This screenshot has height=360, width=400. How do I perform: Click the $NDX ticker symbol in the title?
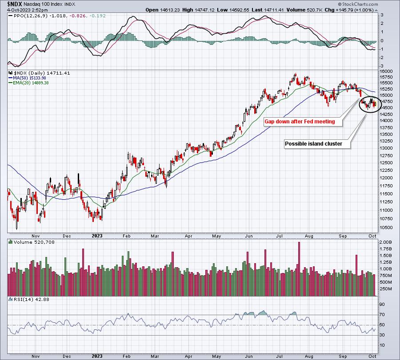(x=15, y=4)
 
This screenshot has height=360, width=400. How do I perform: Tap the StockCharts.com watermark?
(x=358, y=4)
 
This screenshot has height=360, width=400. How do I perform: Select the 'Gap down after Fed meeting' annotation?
(x=300, y=122)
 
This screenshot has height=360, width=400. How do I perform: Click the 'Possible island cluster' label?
(x=313, y=144)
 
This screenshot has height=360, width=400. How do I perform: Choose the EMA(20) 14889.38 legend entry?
(x=28, y=83)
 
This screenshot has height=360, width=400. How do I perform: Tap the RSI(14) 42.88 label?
(x=29, y=299)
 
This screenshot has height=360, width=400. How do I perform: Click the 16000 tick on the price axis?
(x=386, y=71)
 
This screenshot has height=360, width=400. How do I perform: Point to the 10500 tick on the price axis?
(x=386, y=228)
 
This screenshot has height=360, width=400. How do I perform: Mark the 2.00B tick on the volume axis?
(x=386, y=242)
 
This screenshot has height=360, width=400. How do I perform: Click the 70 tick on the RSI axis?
(x=382, y=315)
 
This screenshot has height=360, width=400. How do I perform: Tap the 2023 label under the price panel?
(x=97, y=236)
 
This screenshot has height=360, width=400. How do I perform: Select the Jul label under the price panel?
(x=280, y=236)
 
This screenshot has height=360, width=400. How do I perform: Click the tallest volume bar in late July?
(x=299, y=269)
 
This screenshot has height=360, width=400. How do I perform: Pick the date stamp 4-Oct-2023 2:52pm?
(x=27, y=10)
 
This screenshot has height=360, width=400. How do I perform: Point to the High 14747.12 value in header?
(x=199, y=10)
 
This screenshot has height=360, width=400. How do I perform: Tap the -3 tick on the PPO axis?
(x=382, y=66)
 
